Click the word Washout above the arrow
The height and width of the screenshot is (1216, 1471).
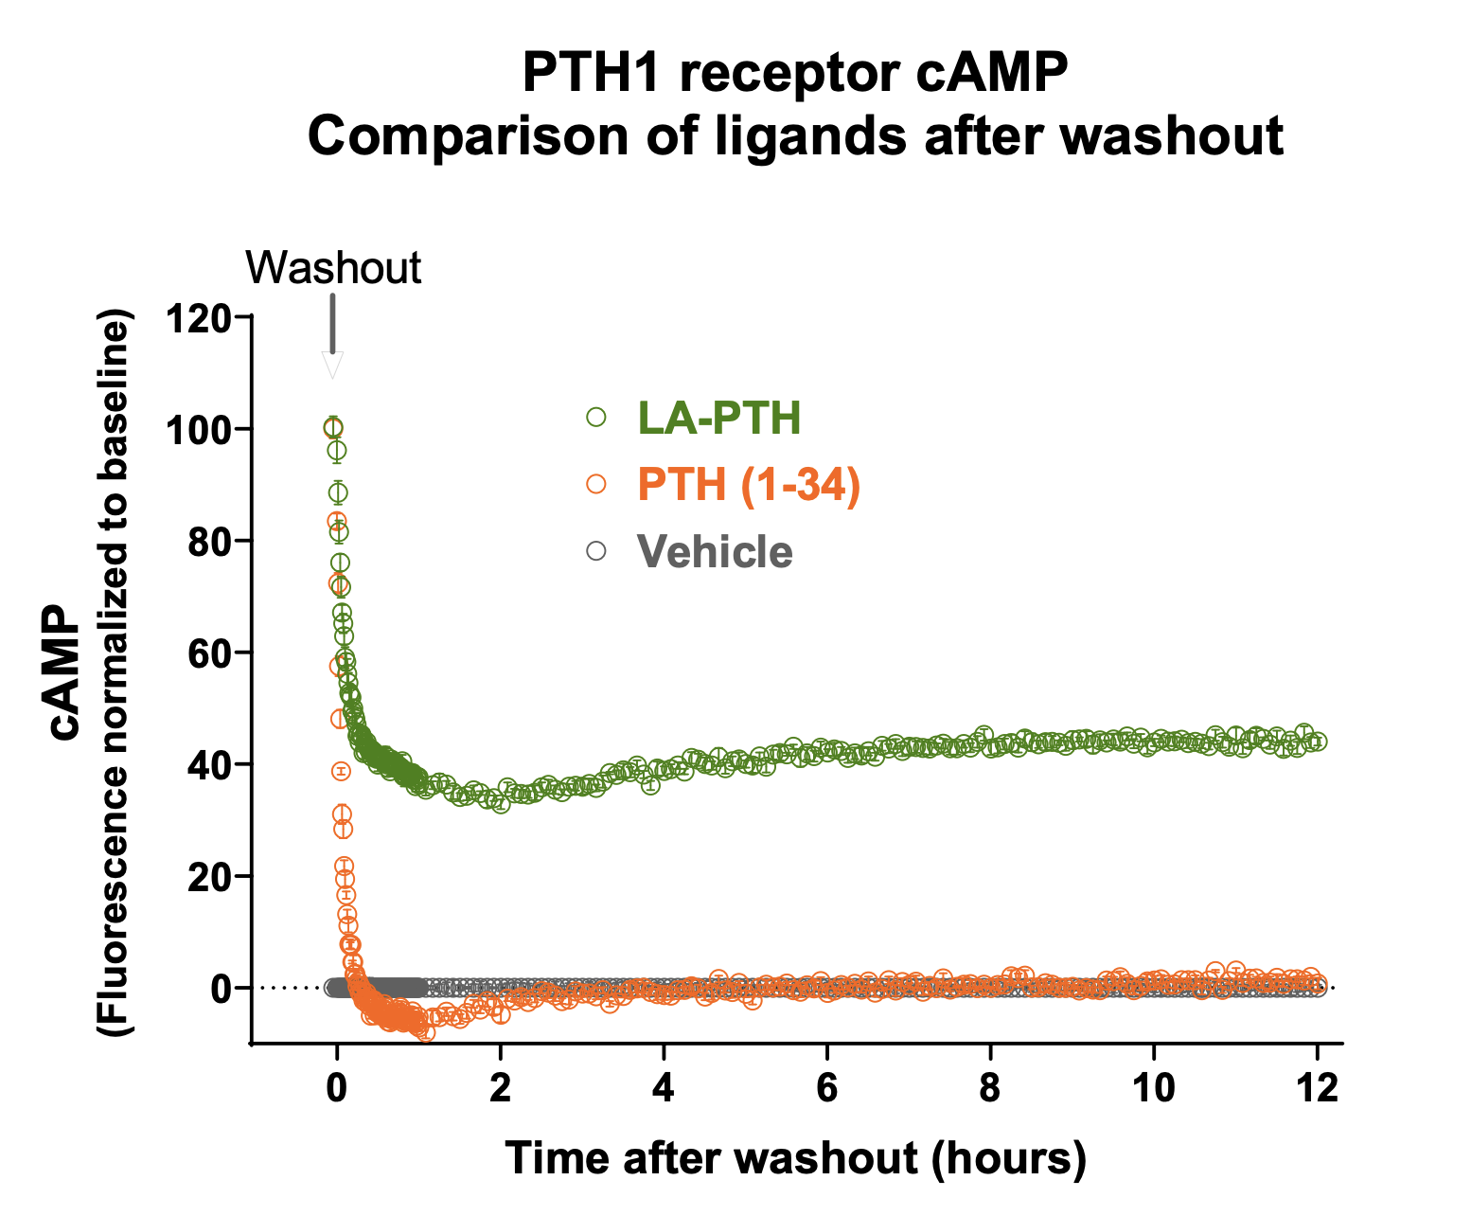click(x=333, y=268)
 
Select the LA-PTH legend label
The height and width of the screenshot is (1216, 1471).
click(x=719, y=418)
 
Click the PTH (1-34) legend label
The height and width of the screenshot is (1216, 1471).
click(x=749, y=485)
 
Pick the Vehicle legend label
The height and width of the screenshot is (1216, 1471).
click(x=715, y=552)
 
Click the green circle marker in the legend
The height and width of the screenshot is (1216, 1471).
click(x=596, y=417)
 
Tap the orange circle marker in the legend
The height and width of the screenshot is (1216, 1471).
click(x=596, y=484)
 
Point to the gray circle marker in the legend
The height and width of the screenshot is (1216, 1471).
click(x=596, y=551)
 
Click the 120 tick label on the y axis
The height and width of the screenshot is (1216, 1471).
click(x=198, y=317)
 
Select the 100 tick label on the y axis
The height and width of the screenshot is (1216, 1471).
click(x=198, y=429)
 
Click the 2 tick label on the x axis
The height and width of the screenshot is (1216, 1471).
click(x=501, y=1087)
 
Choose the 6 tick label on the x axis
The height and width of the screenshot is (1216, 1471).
click(x=827, y=1087)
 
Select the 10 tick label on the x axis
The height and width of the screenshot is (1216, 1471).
click(x=1154, y=1087)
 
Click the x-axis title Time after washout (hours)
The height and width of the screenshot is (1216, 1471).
click(x=796, y=1158)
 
